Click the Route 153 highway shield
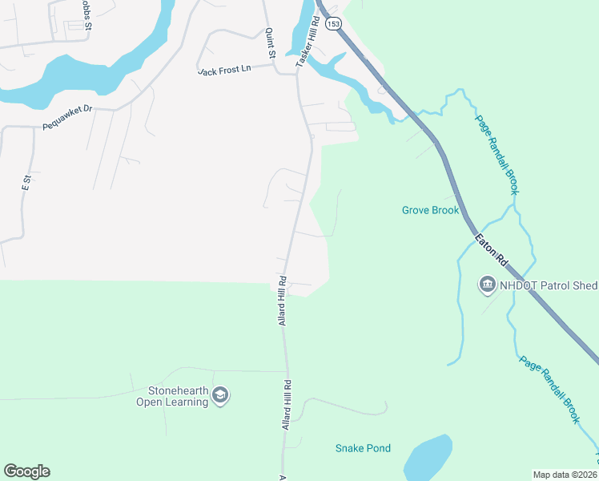pyautogui.click(x=334, y=24)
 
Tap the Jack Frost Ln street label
pyautogui.click(x=225, y=71)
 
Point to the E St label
pyautogui.click(x=26, y=183)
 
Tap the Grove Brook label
pyautogui.click(x=430, y=211)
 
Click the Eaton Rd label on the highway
pyautogui.click(x=492, y=249)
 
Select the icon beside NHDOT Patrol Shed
pyautogui.click(x=487, y=284)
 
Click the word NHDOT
pyautogui.click(x=521, y=284)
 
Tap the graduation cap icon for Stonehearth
pyautogui.click(x=222, y=395)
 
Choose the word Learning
pyautogui.click(x=186, y=402)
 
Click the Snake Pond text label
pyautogui.click(x=363, y=448)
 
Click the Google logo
pyautogui.click(x=26, y=471)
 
